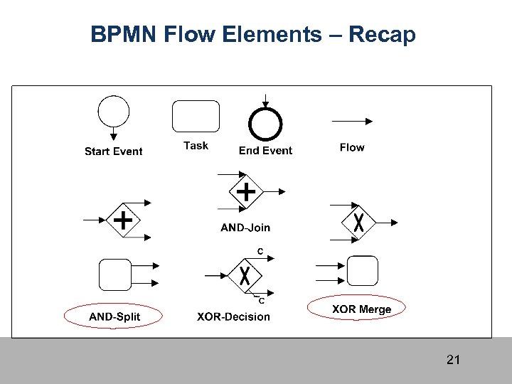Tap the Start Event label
point(113,151)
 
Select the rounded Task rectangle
point(196,116)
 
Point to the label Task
point(196,146)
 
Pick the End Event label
point(265,150)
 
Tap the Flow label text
point(352,147)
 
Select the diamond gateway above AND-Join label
point(245,191)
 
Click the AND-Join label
point(245,228)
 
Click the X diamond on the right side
point(359,221)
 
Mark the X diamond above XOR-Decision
point(244,274)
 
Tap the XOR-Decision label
point(233,316)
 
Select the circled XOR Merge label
point(361,309)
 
